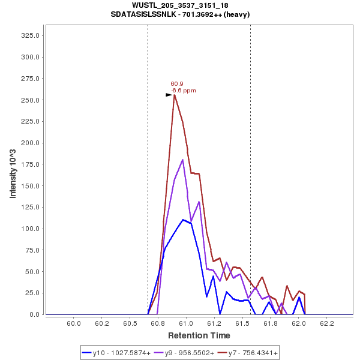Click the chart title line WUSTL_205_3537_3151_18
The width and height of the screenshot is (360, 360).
[x=180, y=5]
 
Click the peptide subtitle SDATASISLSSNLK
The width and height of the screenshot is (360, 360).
[x=180, y=14]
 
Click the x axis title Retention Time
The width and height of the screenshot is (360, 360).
[x=199, y=335]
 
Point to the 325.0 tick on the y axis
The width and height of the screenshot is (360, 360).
[x=30, y=35]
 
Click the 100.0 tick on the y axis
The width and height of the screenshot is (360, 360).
[x=30, y=229]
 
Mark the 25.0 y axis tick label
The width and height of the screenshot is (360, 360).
[x=32, y=293]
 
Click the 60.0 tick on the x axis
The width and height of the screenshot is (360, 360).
[x=74, y=323]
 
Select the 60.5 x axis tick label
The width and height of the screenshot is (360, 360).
[x=130, y=323]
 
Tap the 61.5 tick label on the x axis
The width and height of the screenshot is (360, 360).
[x=242, y=323]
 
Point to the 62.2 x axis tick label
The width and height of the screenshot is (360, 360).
[x=326, y=323]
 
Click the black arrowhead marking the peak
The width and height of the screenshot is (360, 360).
[x=169, y=95]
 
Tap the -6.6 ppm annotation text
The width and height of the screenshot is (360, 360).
[x=184, y=91]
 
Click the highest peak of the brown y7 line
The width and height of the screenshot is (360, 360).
[x=175, y=95]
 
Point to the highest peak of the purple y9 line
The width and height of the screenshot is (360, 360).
[x=182, y=160]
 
